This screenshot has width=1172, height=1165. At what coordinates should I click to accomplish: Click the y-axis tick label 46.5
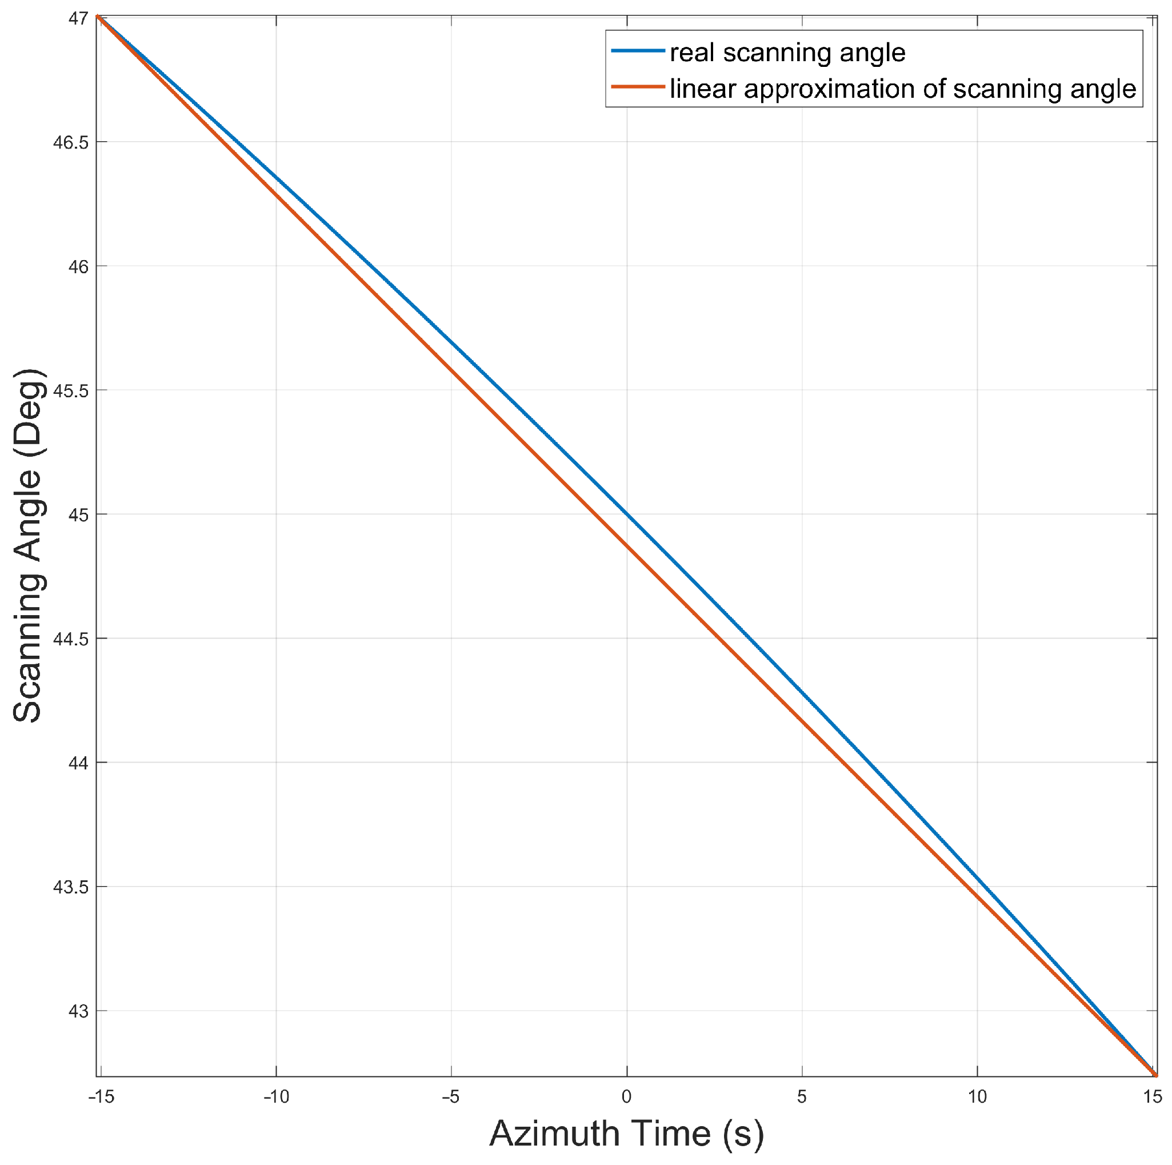pos(71,142)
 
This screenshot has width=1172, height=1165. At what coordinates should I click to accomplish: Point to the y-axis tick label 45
pos(78,515)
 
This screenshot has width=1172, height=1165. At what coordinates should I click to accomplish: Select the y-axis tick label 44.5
pos(71,639)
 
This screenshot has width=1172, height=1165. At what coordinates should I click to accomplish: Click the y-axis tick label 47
pos(78,19)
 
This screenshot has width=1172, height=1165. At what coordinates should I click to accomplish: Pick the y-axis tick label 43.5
pos(71,887)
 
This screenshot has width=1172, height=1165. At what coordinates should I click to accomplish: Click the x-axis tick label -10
pos(276,1096)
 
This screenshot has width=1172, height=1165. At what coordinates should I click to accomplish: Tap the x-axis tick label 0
pos(627,1096)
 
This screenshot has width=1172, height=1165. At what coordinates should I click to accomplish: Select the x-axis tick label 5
pos(801,1096)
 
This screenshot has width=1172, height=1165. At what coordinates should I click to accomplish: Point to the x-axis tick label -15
pos(101,1096)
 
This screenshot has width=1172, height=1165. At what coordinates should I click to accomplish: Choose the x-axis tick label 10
pos(977,1096)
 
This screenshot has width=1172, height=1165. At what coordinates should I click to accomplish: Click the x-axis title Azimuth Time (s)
pos(627,1133)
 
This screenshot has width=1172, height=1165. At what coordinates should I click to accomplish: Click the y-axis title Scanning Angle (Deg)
pos(29,545)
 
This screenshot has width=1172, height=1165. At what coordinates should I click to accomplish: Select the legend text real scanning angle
pos(787,53)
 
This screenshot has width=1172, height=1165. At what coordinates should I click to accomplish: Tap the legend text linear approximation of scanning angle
pos(903,89)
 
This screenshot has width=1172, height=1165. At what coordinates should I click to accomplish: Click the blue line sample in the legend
pos(638,51)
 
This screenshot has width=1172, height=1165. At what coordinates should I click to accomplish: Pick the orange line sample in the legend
pos(638,87)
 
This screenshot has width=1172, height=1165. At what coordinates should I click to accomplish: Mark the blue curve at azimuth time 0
pos(627,515)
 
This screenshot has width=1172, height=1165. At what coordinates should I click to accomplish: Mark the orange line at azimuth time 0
pos(627,546)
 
